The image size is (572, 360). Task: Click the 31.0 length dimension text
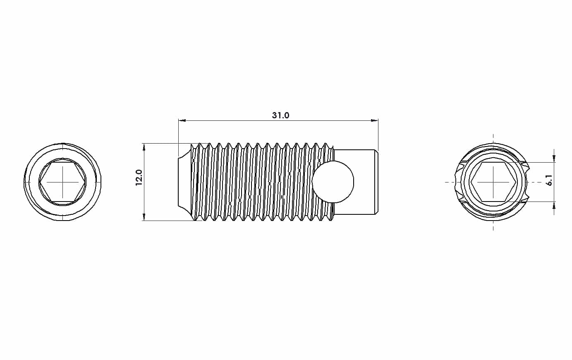pos(280,115)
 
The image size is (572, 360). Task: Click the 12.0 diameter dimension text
pos(139,178)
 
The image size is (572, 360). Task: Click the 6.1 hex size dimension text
pos(550,180)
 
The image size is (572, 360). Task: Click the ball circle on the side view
pos(333,182)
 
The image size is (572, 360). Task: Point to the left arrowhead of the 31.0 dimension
pos(182,120)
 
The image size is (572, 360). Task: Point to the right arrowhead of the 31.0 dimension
pos(374,120)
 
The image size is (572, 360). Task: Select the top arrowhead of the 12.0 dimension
pos(144,147)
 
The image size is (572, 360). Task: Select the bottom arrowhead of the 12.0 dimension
pos(144,217)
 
